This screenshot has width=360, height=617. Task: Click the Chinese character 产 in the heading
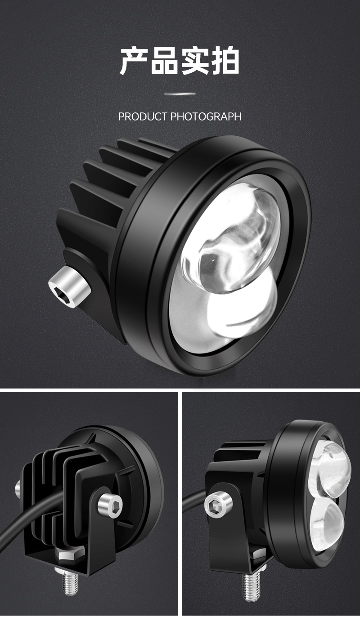coord(134,61)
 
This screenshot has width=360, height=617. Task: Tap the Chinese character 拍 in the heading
coord(225,61)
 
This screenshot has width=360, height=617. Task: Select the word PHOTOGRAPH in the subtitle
coord(206,117)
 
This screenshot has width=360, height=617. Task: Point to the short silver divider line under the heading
coord(180,94)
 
